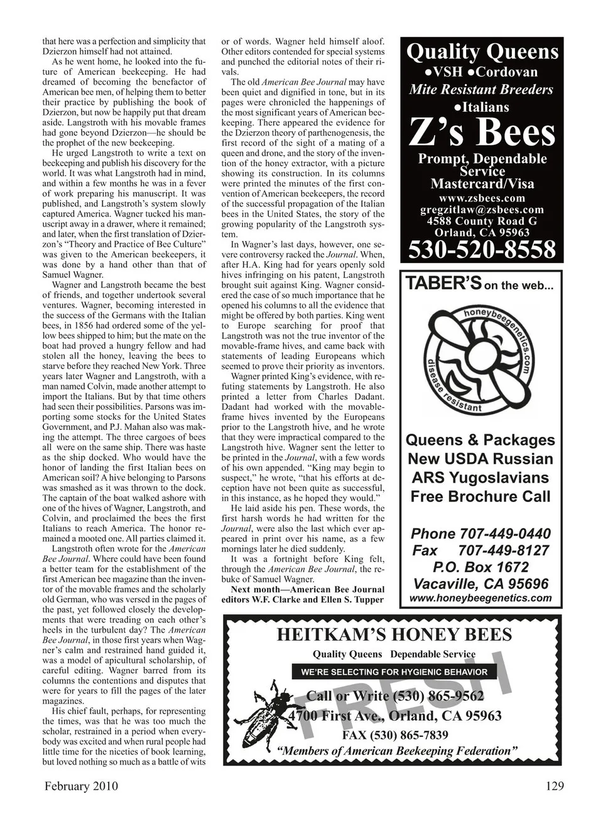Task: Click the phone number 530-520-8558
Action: point(482,249)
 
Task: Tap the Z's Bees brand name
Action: point(482,132)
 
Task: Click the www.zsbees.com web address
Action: point(482,198)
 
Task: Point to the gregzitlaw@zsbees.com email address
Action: point(482,210)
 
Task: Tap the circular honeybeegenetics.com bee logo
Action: point(481,360)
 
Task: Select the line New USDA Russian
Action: point(481,459)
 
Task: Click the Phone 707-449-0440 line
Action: point(481,534)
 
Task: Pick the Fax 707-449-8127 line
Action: point(481,551)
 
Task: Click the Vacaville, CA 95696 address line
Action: point(481,584)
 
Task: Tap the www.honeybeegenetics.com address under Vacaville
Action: point(481,598)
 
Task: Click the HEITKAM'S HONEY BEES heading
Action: point(394,635)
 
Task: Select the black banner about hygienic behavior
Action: point(394,672)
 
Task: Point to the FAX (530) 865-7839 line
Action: point(395,735)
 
